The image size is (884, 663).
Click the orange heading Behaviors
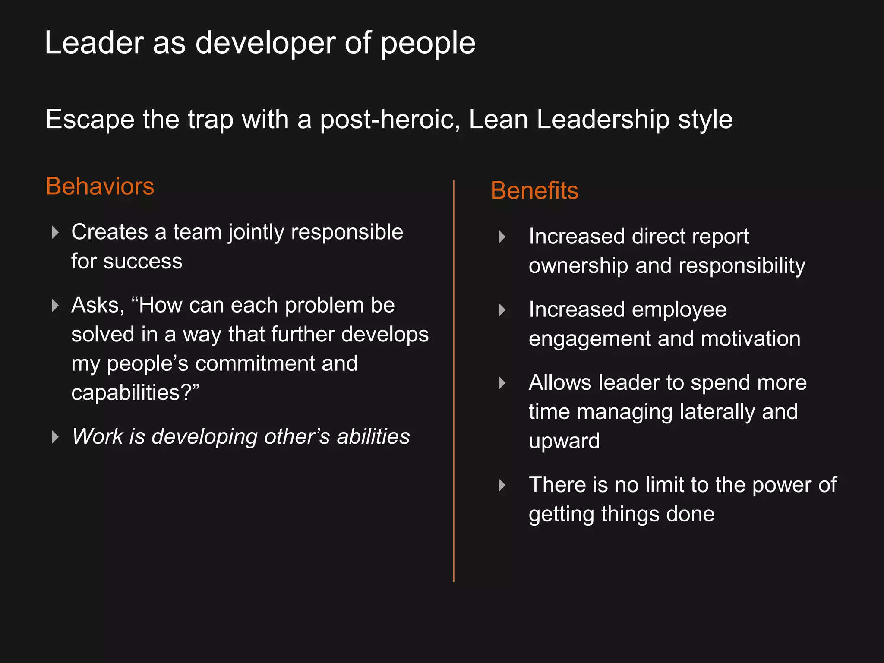(x=100, y=186)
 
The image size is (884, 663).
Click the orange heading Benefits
(x=534, y=191)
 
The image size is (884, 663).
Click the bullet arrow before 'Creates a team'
(x=55, y=232)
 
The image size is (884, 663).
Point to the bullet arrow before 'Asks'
(x=55, y=306)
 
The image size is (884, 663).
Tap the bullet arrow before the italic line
(x=55, y=437)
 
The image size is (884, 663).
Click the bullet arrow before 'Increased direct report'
(x=502, y=237)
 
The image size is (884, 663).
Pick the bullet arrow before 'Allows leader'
(x=502, y=383)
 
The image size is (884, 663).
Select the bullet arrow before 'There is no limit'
(x=502, y=485)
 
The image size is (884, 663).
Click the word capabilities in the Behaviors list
(x=125, y=393)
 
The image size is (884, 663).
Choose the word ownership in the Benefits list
(x=578, y=266)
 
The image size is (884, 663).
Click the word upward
(x=564, y=441)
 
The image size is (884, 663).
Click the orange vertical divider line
(x=454, y=380)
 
